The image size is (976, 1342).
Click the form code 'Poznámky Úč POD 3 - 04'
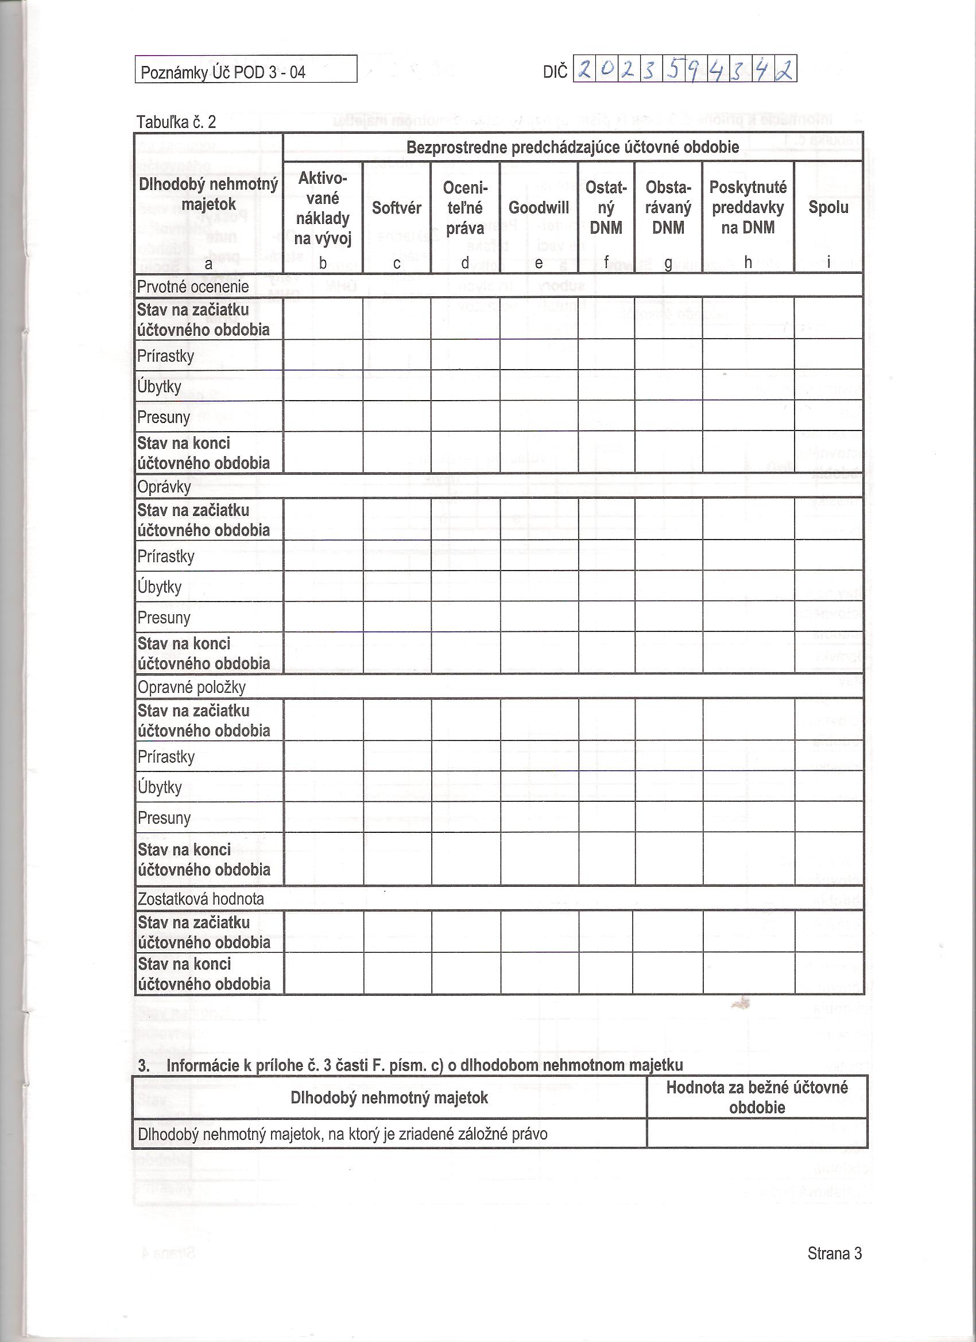click(223, 72)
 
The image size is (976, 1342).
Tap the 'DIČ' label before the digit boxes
click(555, 72)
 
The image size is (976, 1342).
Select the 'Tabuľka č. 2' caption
click(176, 122)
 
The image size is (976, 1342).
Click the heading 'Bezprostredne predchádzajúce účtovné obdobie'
click(572, 147)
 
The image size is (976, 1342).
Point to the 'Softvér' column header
click(397, 208)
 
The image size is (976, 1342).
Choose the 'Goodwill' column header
click(539, 208)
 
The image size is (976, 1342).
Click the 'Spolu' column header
click(828, 207)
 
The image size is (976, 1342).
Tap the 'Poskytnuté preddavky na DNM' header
click(748, 207)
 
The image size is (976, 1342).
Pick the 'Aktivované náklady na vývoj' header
click(323, 208)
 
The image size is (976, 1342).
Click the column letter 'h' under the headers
click(748, 263)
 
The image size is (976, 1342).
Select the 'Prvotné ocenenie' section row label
click(192, 287)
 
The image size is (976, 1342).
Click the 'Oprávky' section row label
click(164, 487)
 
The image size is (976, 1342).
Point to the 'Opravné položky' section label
click(191, 687)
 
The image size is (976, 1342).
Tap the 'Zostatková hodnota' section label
click(200, 899)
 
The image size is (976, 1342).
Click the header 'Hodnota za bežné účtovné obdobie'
click(757, 1097)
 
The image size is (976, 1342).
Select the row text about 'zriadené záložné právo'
click(343, 1134)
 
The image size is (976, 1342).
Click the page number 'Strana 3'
click(835, 1253)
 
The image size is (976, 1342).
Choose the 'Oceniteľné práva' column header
click(464, 208)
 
